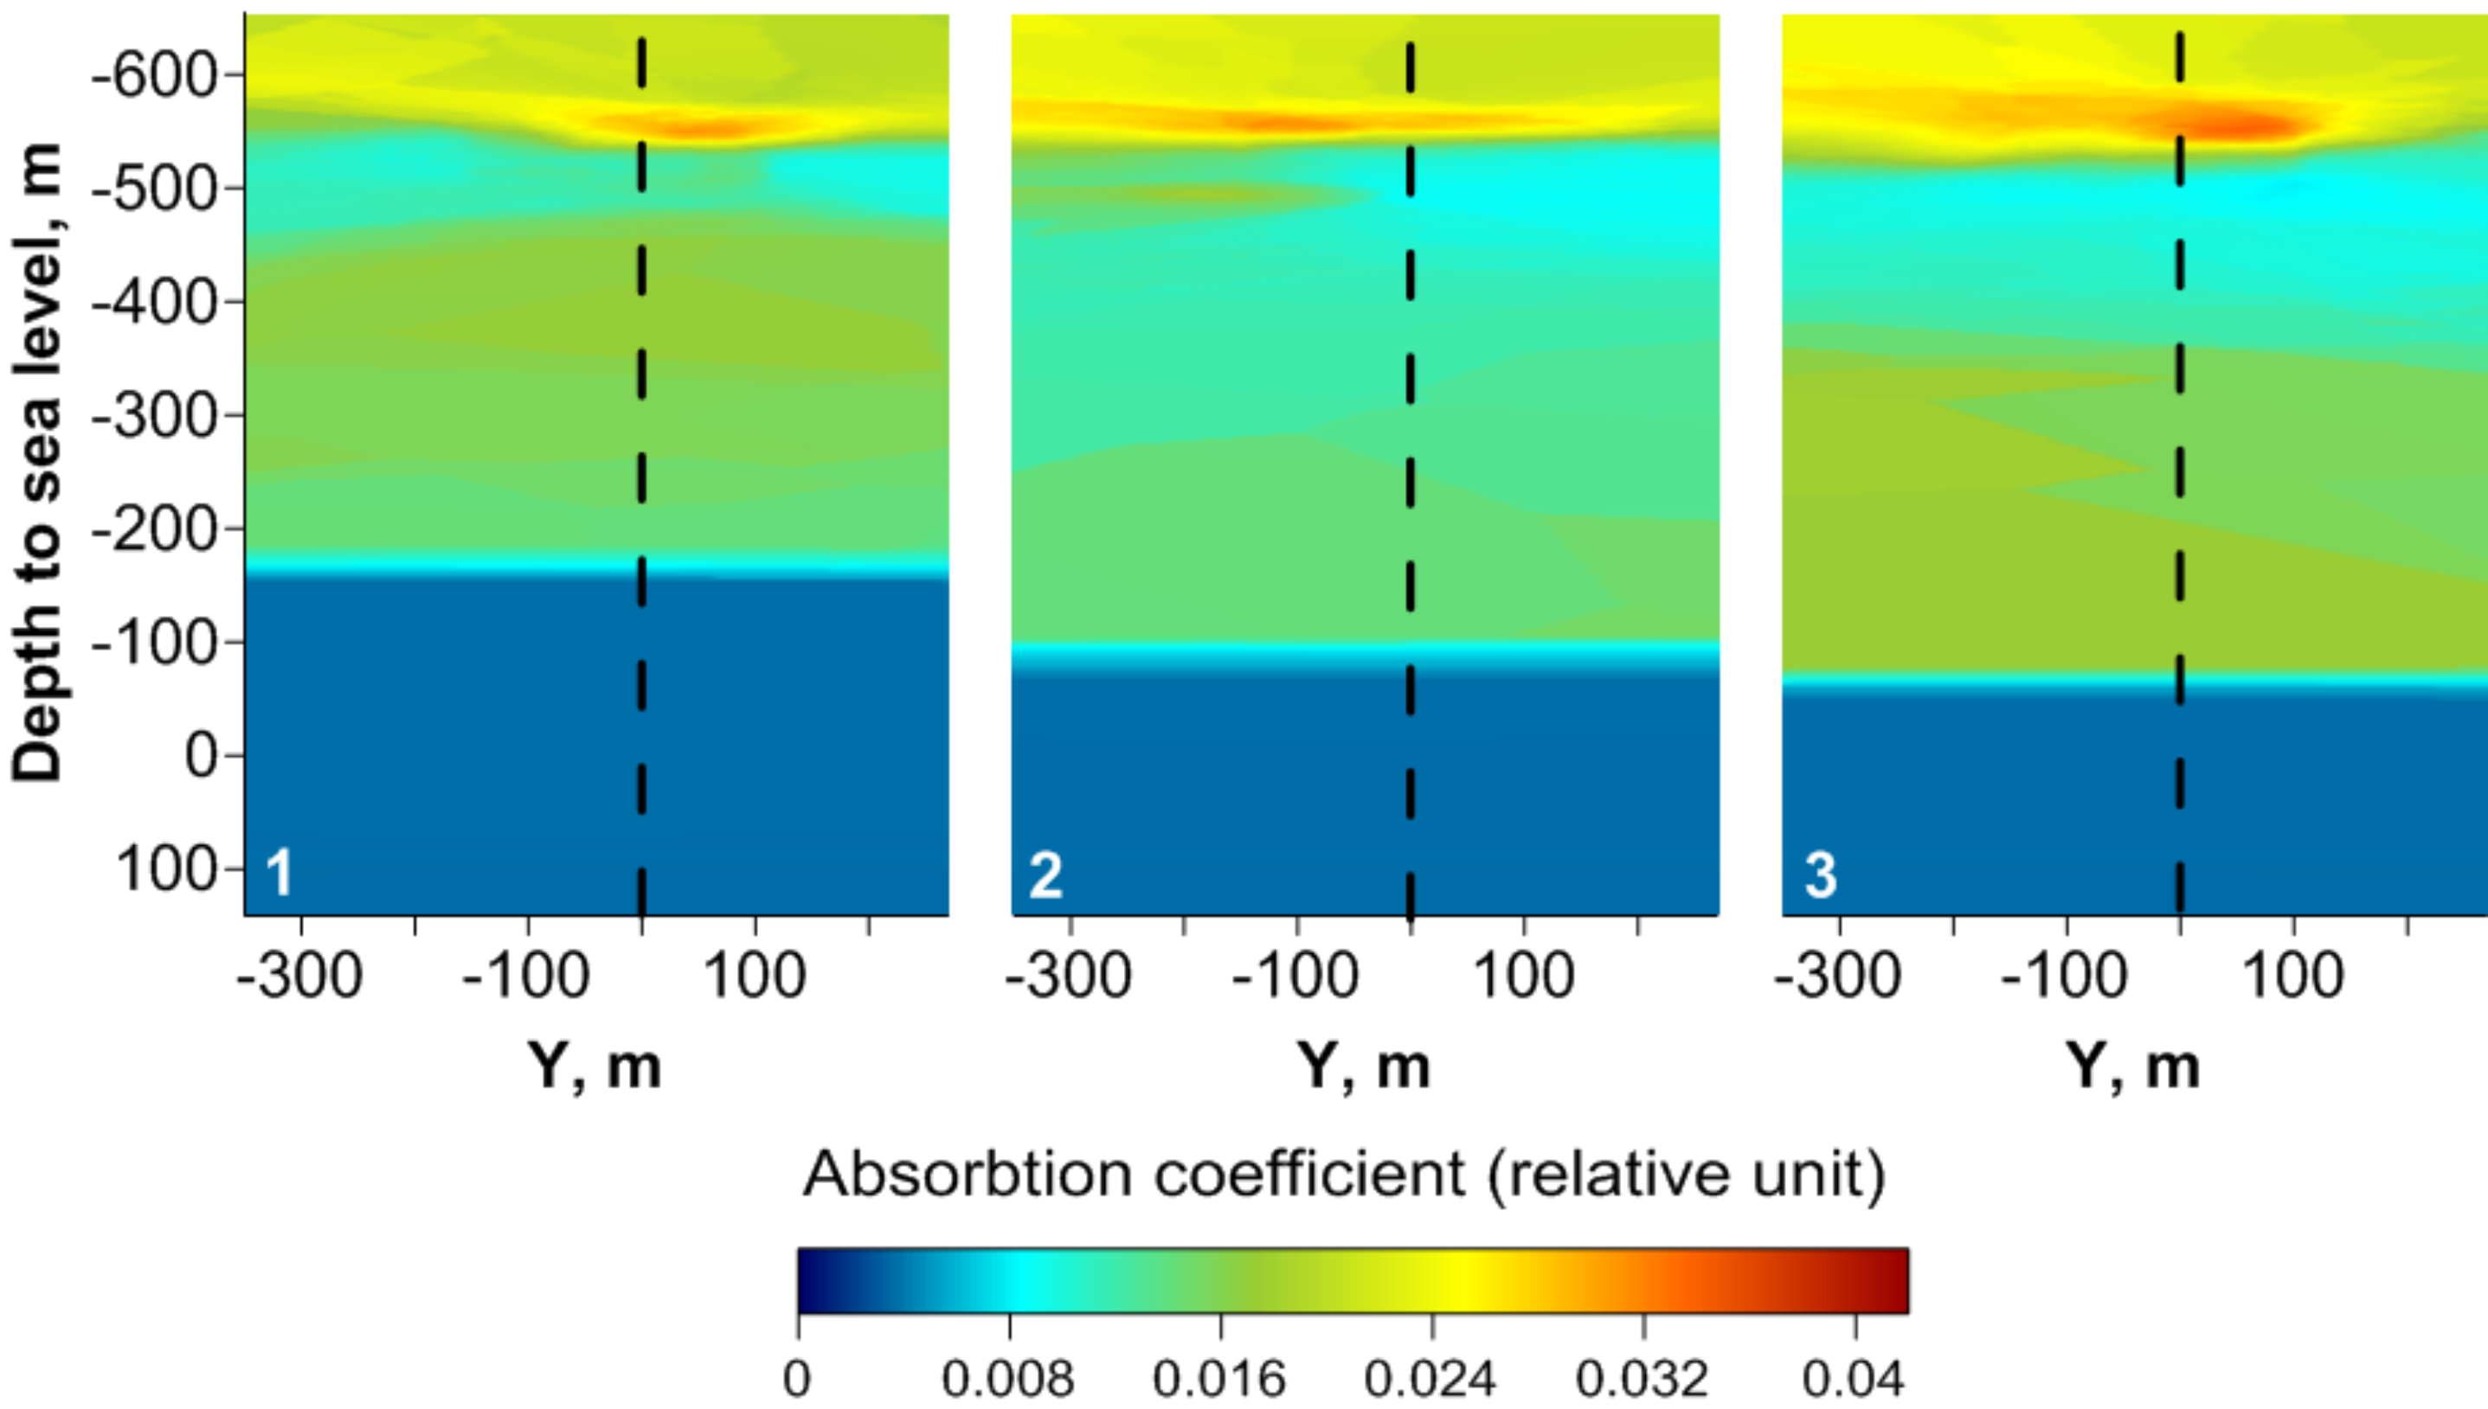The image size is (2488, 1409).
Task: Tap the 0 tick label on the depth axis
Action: [x=202, y=756]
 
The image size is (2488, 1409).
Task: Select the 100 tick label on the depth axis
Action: [x=166, y=869]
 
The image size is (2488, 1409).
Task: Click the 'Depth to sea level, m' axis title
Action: [x=37, y=463]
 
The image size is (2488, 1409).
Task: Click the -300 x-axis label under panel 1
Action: [x=299, y=976]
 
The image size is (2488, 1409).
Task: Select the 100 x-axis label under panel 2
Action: [x=1523, y=976]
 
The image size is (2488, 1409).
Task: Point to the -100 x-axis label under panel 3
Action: [x=2064, y=976]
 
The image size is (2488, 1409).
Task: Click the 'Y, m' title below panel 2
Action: [x=1363, y=1066]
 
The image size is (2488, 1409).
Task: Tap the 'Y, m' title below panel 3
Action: [x=2132, y=1066]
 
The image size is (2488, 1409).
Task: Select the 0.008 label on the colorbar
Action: [x=1008, y=1378]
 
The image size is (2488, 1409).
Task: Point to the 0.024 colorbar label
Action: [x=1430, y=1378]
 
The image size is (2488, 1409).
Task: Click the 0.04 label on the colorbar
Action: [x=1853, y=1378]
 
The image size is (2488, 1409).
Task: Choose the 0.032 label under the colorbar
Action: [x=1643, y=1378]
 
